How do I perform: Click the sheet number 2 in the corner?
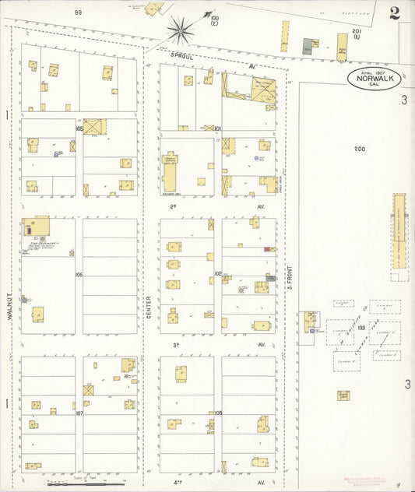pyautogui.click(x=396, y=12)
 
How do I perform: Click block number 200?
pyautogui.click(x=359, y=149)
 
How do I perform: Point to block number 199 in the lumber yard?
pyautogui.click(x=361, y=329)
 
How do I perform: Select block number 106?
pyautogui.click(x=79, y=275)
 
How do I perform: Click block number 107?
pyautogui.click(x=79, y=413)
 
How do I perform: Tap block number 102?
pyautogui.click(x=218, y=274)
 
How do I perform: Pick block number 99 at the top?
pyautogui.click(x=78, y=12)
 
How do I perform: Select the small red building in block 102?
pyautogui.click(x=266, y=249)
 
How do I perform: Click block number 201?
pyautogui.click(x=356, y=32)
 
